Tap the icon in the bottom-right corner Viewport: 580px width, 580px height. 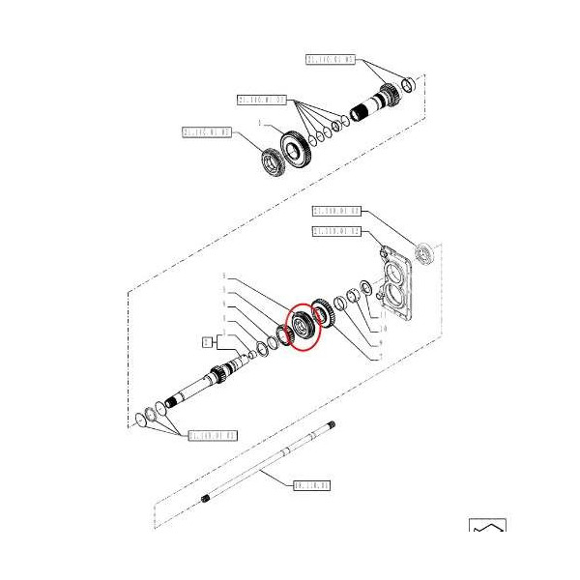(487, 530)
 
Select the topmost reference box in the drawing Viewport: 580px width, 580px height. (331, 59)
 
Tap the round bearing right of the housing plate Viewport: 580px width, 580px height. (423, 253)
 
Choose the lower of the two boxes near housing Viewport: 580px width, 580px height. (336, 232)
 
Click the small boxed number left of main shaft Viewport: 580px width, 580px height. (205, 340)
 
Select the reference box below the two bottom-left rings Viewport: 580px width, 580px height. (212, 435)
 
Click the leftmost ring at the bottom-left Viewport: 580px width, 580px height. (144, 418)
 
